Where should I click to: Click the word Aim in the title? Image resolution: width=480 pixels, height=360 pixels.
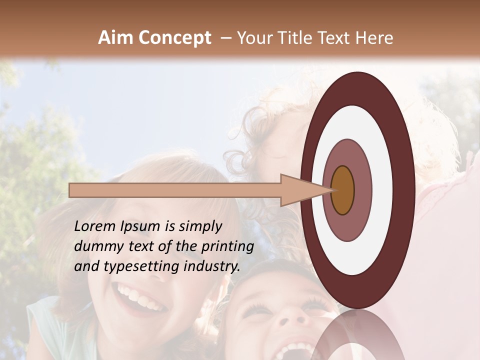coord(115,38)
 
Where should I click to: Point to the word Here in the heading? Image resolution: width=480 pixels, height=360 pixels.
coord(374,38)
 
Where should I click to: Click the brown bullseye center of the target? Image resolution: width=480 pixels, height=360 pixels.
coord(342,190)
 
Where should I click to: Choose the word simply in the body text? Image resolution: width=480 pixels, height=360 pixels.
coord(200,227)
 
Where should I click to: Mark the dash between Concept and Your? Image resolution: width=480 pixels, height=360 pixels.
coord(226,38)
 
